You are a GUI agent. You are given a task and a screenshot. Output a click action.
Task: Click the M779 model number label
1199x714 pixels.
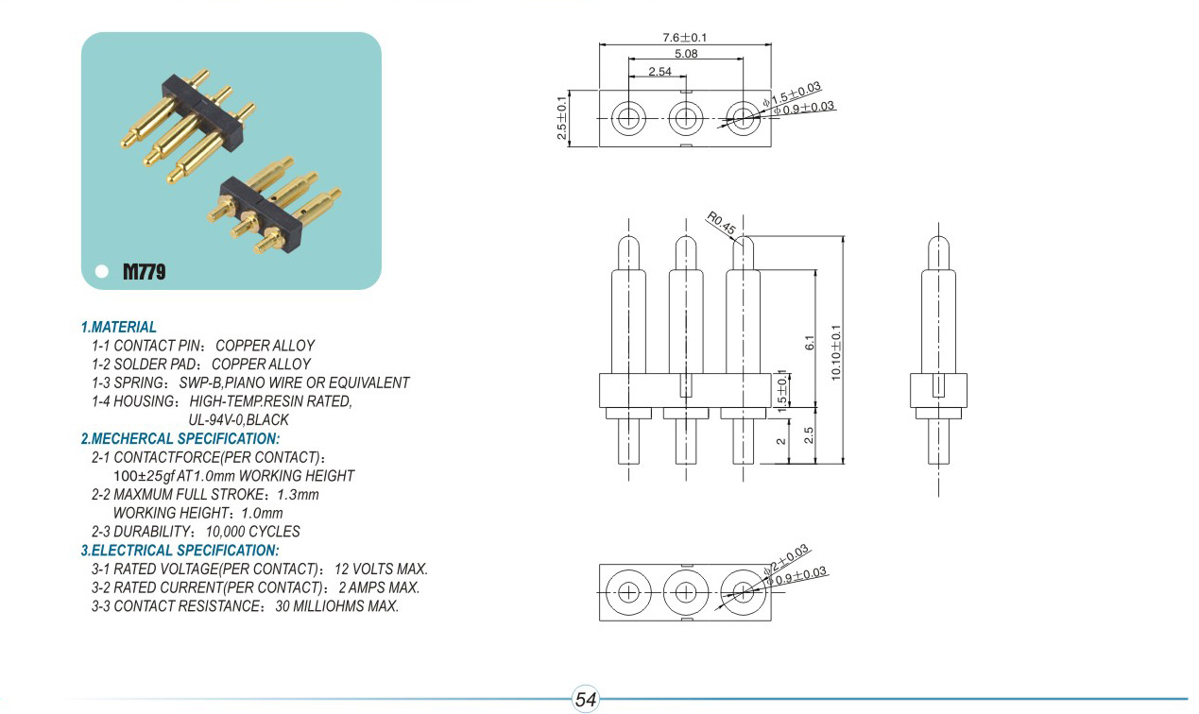point(145,273)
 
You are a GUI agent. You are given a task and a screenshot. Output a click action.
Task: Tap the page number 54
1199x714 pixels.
point(586,700)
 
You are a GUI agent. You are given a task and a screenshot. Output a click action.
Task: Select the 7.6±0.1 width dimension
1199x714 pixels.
point(685,38)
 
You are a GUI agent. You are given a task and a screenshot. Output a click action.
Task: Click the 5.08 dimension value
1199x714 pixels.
point(686,55)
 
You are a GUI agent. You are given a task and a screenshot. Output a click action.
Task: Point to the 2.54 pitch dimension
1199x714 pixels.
point(660,72)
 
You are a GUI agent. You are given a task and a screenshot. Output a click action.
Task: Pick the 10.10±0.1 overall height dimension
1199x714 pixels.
point(835,351)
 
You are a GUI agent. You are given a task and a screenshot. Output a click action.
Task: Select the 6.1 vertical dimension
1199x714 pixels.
point(809,343)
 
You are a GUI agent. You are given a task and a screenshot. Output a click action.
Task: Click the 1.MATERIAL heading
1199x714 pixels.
point(118,327)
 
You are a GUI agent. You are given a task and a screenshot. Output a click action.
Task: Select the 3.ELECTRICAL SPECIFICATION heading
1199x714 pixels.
point(180,550)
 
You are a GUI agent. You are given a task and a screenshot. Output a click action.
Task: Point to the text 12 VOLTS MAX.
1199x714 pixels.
point(382,569)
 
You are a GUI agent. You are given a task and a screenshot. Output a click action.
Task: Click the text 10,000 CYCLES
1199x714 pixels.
point(252,532)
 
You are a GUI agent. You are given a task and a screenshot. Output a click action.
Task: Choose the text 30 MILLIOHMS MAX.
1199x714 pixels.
point(336,606)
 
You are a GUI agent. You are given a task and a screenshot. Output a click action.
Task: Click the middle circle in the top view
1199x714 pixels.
point(686,119)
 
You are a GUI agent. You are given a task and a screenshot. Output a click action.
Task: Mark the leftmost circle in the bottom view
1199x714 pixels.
point(628,592)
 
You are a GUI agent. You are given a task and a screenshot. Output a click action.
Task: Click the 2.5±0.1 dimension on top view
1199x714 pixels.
point(563,118)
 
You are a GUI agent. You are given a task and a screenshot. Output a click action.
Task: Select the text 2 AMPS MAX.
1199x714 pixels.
point(379,587)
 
